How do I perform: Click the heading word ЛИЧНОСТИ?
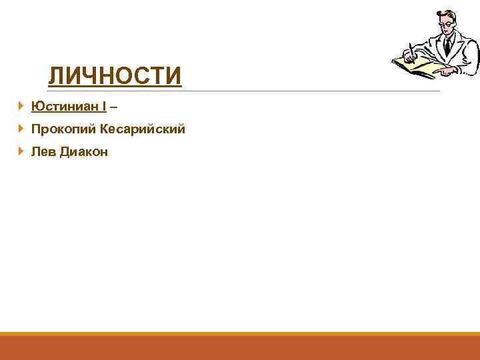115,76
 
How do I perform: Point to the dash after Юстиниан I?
114,106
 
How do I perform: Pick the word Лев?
43,152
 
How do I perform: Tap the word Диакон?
84,152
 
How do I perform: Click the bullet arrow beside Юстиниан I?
22,106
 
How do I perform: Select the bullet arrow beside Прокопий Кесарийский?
22,129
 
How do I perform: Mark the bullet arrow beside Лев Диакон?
22,152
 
